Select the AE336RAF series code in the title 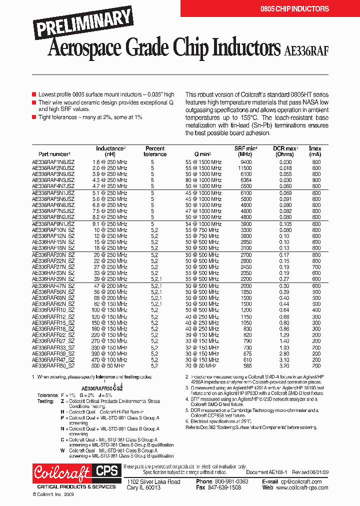pyautogui.click(x=306, y=49)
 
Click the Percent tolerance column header pyautogui.click(x=155, y=151)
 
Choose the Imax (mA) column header pyautogui.click(x=315, y=151)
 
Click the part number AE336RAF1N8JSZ pyautogui.click(x=53, y=162)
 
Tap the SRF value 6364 pyautogui.click(x=245, y=180)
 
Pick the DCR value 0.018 pyautogui.click(x=285, y=168)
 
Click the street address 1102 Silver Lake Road pyautogui.click(x=153, y=481)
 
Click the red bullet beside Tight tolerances pyautogui.click(x=34, y=116)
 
